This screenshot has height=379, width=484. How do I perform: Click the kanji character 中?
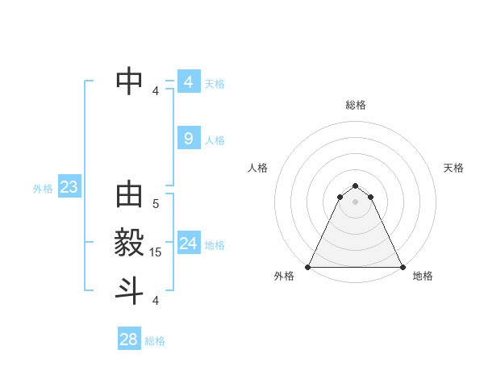(x=130, y=79)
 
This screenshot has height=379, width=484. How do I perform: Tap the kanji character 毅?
(x=130, y=243)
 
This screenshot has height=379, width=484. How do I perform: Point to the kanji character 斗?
(x=130, y=289)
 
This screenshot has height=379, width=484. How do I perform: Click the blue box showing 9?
(x=188, y=139)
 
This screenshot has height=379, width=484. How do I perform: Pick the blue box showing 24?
(x=188, y=244)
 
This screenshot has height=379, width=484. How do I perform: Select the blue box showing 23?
(x=69, y=188)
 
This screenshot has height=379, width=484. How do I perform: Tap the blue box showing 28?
(x=128, y=339)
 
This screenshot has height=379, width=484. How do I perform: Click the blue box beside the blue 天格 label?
(x=188, y=82)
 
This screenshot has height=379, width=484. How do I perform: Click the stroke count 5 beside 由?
(x=156, y=205)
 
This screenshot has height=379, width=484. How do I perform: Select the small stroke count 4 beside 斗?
(x=156, y=301)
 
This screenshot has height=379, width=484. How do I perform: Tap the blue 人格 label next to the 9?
(x=215, y=140)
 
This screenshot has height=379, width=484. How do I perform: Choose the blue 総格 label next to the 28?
(x=155, y=341)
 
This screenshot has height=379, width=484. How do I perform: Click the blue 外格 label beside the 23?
(x=43, y=189)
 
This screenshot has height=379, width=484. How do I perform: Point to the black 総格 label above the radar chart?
(x=356, y=105)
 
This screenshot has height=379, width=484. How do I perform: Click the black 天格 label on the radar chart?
(x=453, y=168)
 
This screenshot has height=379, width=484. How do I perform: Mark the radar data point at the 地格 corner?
(x=403, y=267)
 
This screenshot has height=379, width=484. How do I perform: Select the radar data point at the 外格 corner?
(x=308, y=267)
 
